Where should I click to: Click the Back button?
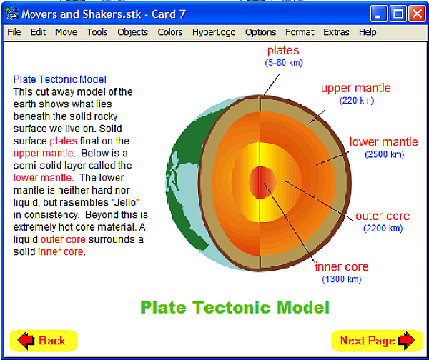tap(43, 341)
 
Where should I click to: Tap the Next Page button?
tap(378, 341)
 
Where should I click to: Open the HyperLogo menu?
tap(214, 32)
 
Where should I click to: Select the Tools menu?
tap(97, 32)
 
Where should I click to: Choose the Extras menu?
tap(336, 32)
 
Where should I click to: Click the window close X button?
tap(417, 14)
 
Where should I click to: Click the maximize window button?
tap(398, 14)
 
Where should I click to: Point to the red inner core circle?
tap(262, 182)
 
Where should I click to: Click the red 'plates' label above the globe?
tap(283, 50)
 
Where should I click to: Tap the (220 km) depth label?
tap(357, 101)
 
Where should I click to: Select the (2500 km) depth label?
tap(385, 154)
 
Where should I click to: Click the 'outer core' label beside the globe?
tap(383, 216)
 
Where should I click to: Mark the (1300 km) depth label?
tap(342, 279)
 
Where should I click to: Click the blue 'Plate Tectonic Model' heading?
tap(59, 79)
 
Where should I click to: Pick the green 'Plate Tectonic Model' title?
tap(235, 308)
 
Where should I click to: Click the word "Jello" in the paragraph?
tap(126, 203)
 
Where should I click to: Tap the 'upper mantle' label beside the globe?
tap(355, 89)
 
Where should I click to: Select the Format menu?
tap(300, 32)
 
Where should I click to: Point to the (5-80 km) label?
tap(284, 63)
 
